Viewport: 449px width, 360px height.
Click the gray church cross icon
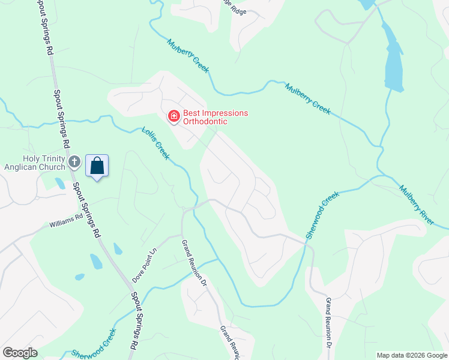click(x=74, y=161)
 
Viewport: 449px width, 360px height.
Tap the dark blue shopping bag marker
click(x=97, y=166)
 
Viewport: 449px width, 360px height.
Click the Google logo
click(x=20, y=353)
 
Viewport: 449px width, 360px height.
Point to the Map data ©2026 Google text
click(x=411, y=355)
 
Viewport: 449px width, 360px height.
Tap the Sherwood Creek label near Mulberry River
click(x=322, y=214)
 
